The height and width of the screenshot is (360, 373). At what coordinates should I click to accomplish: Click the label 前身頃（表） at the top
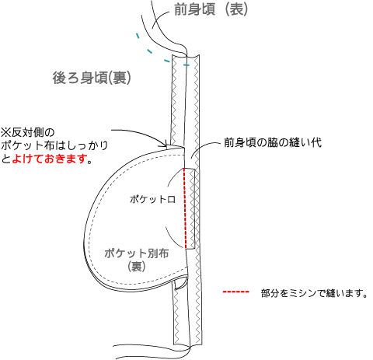point(211,10)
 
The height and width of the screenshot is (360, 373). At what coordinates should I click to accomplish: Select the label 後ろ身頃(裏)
point(92,78)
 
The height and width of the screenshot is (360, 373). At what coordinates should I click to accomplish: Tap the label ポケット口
point(152,199)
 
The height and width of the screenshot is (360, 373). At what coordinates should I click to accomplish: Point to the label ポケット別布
point(137,253)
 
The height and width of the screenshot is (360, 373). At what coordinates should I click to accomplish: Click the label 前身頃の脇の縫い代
point(273,142)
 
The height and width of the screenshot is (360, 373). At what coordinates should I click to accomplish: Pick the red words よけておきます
point(49,159)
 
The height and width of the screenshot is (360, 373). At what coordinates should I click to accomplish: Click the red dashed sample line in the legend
point(235,292)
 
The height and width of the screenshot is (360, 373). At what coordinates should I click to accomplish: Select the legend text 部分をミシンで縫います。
point(314,293)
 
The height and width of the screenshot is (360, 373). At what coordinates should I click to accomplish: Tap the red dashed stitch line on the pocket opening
point(185,208)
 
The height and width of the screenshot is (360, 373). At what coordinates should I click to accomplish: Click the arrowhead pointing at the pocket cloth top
point(165,144)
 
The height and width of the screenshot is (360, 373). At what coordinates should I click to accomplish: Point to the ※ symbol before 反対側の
point(5,132)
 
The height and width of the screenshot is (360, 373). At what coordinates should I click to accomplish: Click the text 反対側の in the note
point(33,132)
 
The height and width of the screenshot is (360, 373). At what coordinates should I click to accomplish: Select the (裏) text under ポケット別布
point(137,267)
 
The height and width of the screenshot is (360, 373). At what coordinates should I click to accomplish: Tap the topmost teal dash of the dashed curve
point(138,36)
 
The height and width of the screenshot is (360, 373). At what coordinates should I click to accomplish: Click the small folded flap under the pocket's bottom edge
point(180,284)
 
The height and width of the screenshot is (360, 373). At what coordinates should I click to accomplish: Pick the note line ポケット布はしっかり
point(54,145)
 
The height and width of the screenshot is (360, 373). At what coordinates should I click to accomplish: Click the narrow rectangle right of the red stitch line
point(190,208)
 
